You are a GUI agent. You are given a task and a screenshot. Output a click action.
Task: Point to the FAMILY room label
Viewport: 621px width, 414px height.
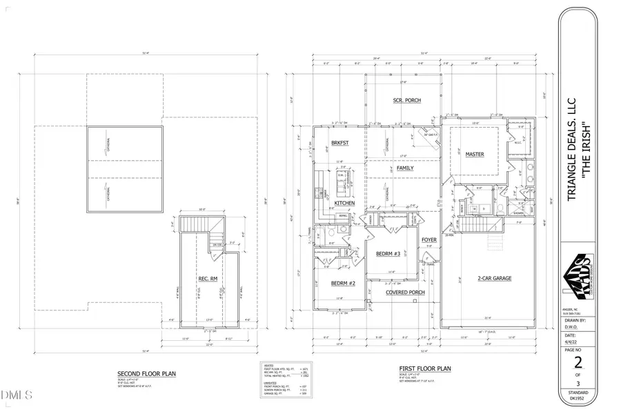(405, 168)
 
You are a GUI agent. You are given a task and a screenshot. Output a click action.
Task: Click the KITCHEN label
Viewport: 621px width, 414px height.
(344, 204)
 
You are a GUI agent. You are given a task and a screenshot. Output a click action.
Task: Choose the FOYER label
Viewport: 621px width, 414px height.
(429, 240)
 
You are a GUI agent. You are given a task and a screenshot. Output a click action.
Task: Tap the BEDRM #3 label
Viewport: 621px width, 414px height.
(388, 254)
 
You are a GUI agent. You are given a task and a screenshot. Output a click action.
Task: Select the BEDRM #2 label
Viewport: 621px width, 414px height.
(342, 284)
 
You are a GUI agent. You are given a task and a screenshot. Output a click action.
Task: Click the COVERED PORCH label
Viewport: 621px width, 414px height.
(406, 292)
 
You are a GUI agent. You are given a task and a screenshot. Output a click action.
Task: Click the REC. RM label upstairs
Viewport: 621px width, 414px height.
(208, 279)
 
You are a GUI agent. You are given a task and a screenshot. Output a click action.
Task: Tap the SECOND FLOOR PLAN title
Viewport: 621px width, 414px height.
(146, 373)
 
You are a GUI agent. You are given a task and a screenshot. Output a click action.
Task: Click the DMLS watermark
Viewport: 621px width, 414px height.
(18, 395)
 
